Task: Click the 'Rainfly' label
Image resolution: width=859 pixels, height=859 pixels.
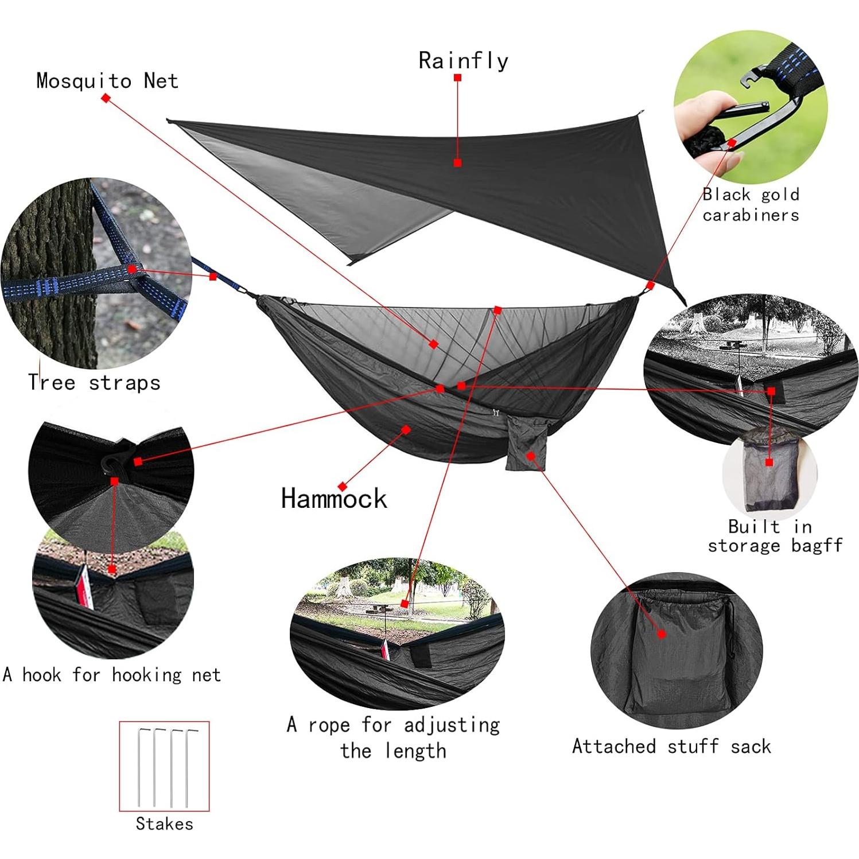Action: coord(463,60)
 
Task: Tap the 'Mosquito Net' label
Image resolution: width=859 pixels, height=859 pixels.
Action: coord(107,81)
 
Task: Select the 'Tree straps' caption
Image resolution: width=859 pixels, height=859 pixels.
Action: coord(94,383)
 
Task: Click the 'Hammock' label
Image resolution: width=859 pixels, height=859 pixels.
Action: coord(334,498)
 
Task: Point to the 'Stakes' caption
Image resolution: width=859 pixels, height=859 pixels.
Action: coord(164,824)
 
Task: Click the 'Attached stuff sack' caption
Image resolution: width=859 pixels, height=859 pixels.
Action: coord(671,746)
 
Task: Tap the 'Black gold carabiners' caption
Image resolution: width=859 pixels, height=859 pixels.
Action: coord(751,204)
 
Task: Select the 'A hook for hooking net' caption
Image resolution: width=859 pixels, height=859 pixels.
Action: coord(112,674)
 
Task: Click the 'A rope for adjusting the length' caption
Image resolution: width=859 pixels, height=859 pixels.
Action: coord(394,737)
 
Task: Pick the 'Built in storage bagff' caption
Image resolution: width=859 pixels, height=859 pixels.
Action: coord(775,536)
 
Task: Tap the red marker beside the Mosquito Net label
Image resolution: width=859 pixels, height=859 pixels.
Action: coord(106,98)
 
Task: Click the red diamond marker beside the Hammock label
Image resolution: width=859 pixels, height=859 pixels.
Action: coord(343,487)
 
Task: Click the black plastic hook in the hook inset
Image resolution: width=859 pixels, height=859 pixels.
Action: coord(115,459)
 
